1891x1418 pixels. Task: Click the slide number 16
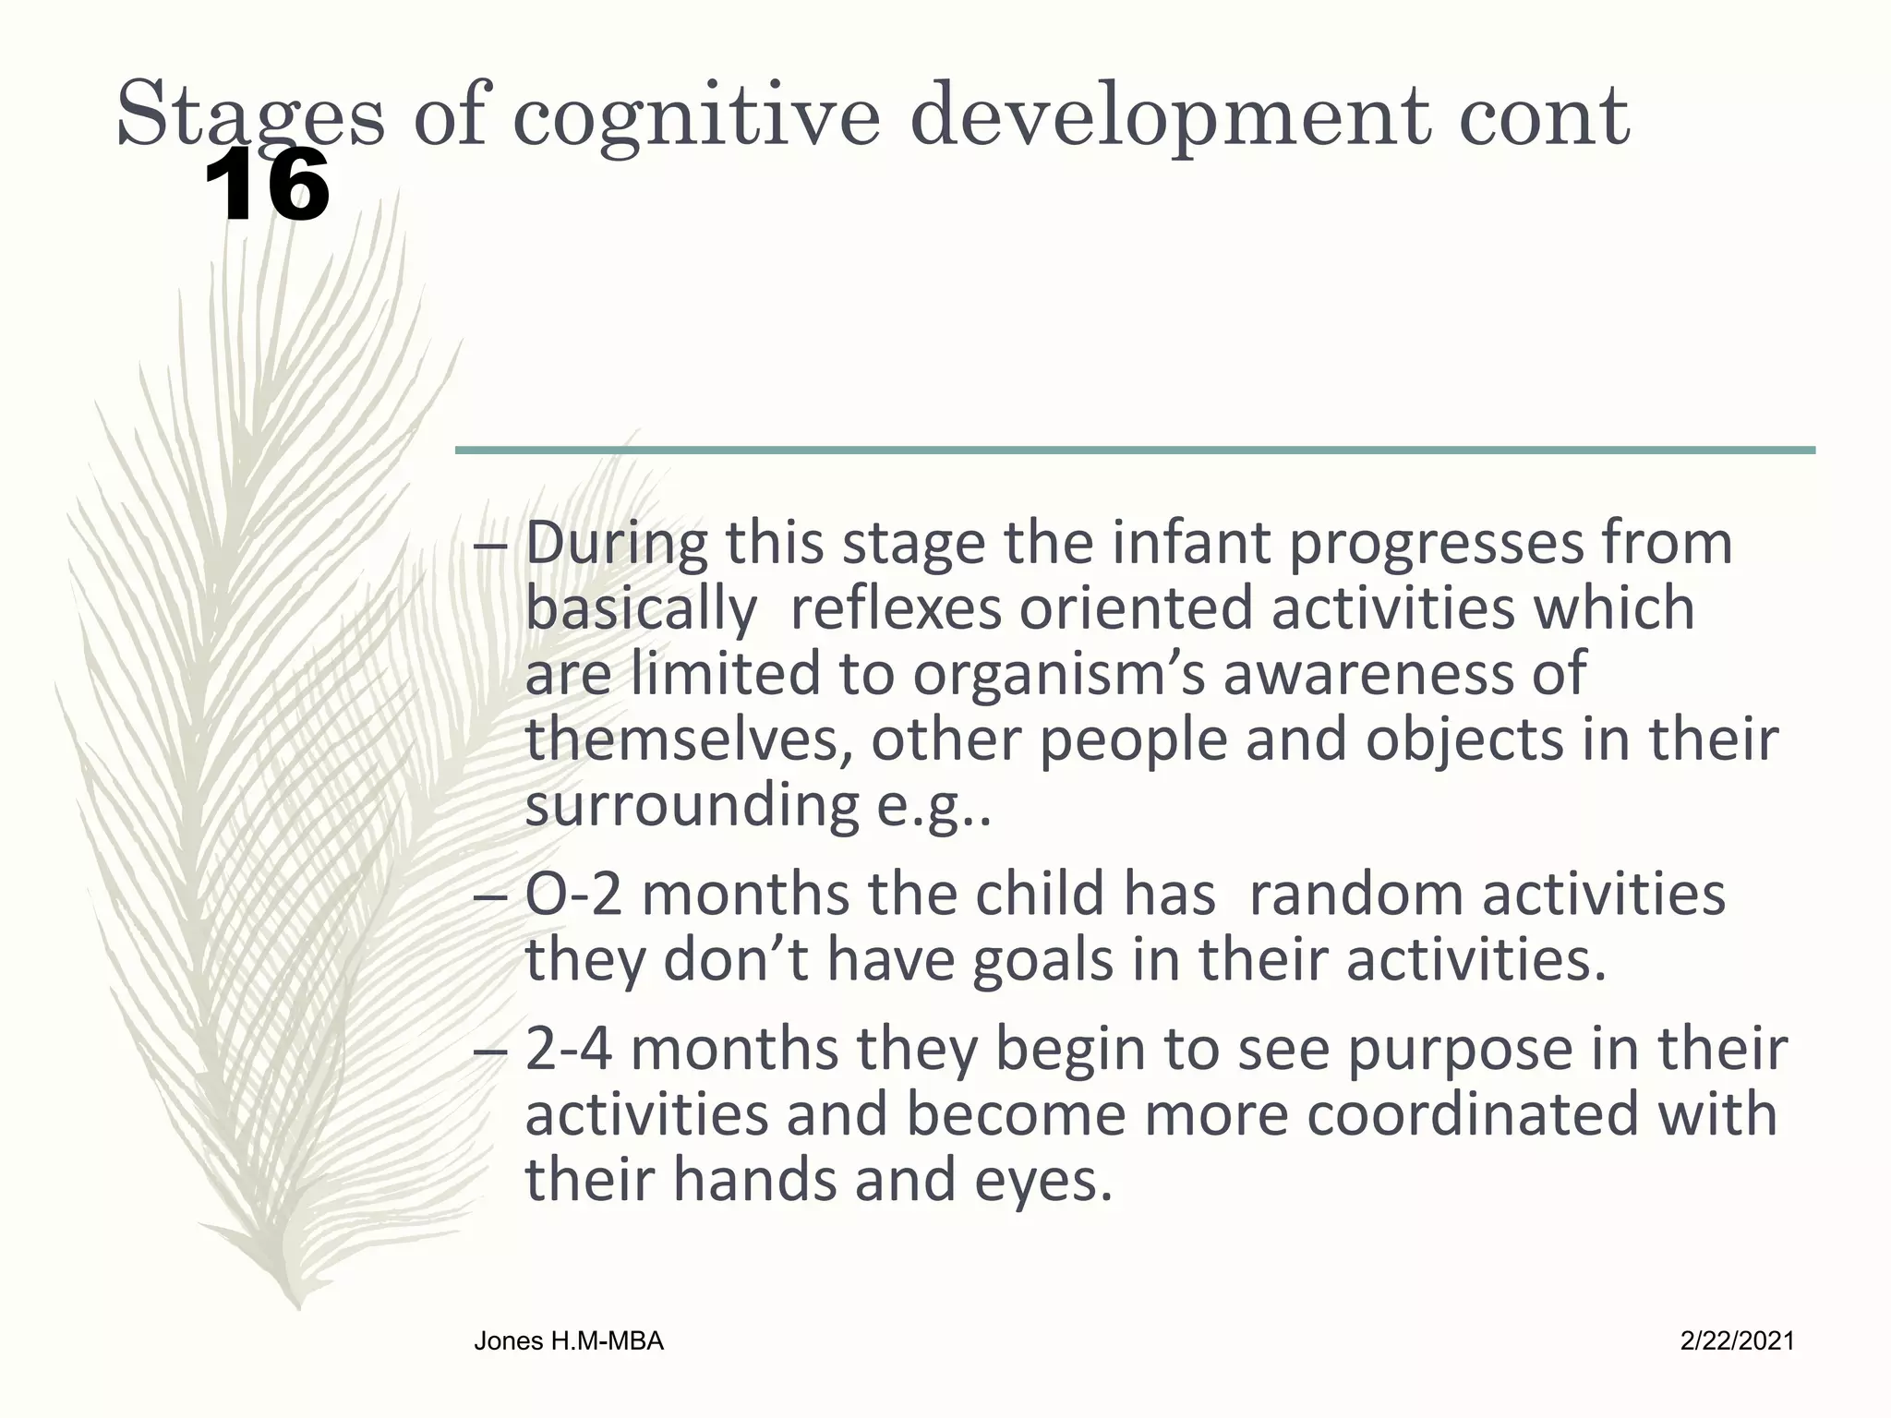(x=266, y=187)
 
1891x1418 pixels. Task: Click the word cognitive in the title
(x=696, y=118)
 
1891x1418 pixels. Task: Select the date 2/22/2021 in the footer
(x=1737, y=1341)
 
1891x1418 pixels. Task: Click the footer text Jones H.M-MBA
(x=569, y=1341)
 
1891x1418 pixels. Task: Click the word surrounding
(x=693, y=805)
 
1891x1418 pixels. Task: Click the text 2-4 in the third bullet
(x=569, y=1050)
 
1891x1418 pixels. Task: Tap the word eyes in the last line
(x=1043, y=1180)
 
